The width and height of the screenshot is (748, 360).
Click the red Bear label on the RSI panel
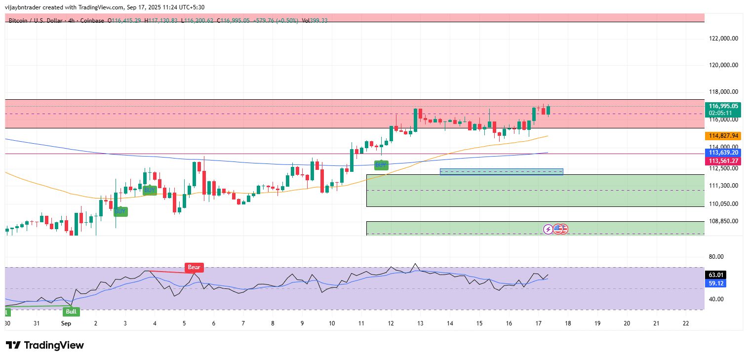tap(194, 268)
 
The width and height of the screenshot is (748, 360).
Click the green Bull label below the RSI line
tap(71, 312)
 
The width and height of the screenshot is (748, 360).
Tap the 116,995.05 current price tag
tap(723, 106)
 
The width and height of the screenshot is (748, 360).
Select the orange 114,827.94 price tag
tap(723, 136)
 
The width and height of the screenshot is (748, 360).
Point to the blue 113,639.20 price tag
tap(723, 153)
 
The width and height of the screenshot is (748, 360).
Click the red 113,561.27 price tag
tap(723, 161)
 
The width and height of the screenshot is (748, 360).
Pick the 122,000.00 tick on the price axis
tap(723, 39)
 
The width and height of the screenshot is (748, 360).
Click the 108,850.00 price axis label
tap(723, 221)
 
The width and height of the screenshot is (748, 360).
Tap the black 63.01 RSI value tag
tap(716, 275)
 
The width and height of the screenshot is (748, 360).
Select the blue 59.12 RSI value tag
tap(716, 283)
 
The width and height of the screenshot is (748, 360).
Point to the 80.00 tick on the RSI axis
tap(716, 257)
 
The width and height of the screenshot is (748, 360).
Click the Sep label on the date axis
tap(67, 323)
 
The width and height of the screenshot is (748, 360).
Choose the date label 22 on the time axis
tap(686, 323)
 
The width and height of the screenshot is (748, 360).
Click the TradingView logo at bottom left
tap(45, 345)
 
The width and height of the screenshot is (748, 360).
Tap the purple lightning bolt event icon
tap(548, 229)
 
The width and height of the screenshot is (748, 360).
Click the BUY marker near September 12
tap(381, 165)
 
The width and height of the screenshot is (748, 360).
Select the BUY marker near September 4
tap(150, 190)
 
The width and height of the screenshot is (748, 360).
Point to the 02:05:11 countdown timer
tap(723, 113)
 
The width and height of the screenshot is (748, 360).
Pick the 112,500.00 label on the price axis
tap(723, 168)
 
